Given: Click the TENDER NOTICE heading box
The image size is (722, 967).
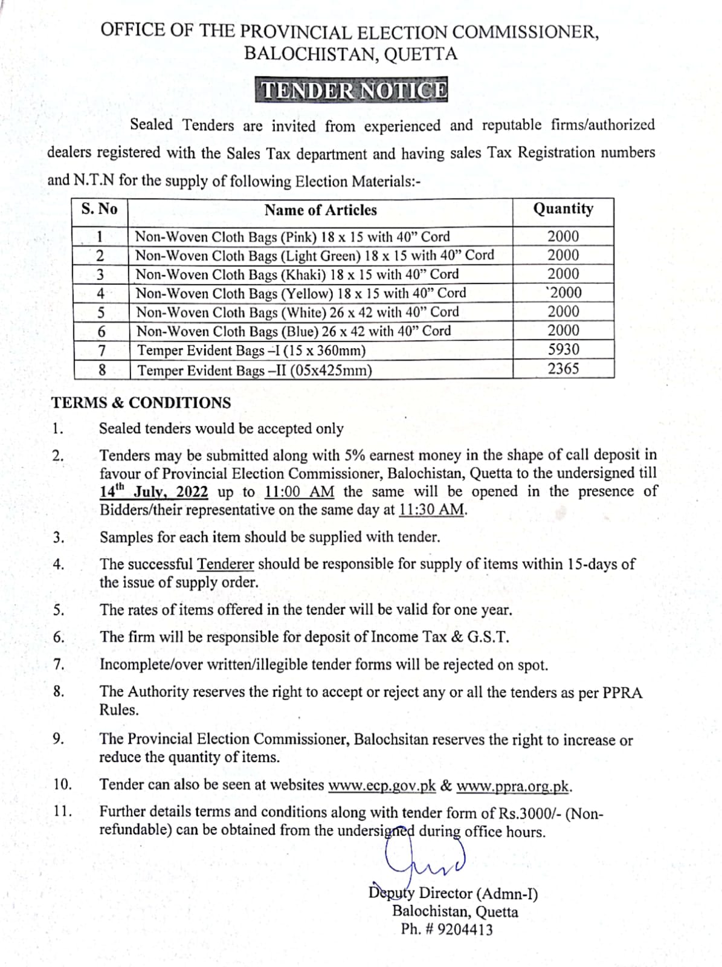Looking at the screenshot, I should coord(354,90).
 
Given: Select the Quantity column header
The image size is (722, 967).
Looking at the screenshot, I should coord(563,209).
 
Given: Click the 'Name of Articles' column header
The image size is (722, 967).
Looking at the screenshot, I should coord(320,210).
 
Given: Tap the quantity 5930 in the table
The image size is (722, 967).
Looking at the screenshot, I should coord(563,349).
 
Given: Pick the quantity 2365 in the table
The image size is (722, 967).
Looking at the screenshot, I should coord(563,369).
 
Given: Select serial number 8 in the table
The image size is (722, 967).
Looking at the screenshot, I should coord(102,369).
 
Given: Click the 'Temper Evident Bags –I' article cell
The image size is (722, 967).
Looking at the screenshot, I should coord(251,351).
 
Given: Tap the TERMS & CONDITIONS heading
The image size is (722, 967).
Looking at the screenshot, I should coord(141,403).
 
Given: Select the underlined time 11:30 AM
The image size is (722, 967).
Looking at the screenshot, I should coord(432,510).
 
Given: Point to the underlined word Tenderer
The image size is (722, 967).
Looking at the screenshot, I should coord(225,564).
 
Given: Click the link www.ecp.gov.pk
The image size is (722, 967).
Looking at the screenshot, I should coord(382,786).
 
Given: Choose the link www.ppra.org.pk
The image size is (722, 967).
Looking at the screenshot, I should coord(513,786).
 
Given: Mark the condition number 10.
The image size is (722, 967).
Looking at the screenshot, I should coord(62,785).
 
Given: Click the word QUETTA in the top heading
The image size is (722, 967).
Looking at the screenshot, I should coord(421,54).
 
